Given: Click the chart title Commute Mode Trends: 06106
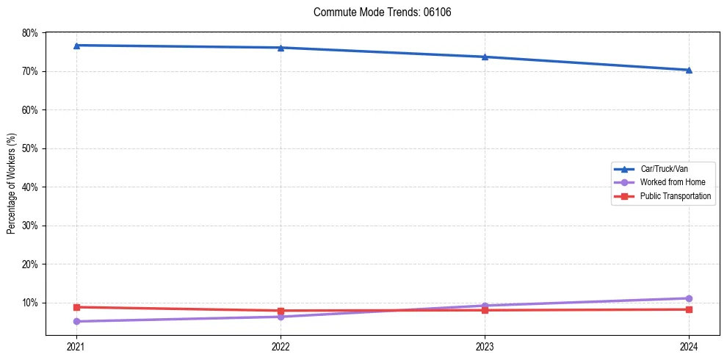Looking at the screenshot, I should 377,12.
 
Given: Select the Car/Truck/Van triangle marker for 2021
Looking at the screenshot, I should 76,46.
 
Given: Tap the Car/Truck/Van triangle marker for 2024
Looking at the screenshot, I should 689,70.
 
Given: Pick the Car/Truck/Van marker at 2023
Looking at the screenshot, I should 485,57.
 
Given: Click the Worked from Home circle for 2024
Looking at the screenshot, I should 689,298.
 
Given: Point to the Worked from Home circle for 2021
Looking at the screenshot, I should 76,321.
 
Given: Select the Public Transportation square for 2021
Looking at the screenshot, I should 76,307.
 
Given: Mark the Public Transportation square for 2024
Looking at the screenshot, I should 689,309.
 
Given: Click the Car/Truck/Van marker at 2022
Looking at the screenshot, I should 281,48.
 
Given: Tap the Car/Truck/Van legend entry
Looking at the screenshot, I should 664,169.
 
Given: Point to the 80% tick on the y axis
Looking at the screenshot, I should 30,33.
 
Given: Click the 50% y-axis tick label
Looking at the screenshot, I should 30,148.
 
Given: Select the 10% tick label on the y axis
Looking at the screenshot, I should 30,303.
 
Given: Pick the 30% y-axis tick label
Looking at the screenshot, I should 30,226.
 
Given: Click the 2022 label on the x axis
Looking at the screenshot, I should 281,346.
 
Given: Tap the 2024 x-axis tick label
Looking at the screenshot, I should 689,346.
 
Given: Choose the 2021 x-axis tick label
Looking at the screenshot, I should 76,346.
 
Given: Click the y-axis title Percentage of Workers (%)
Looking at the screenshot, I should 12,184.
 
